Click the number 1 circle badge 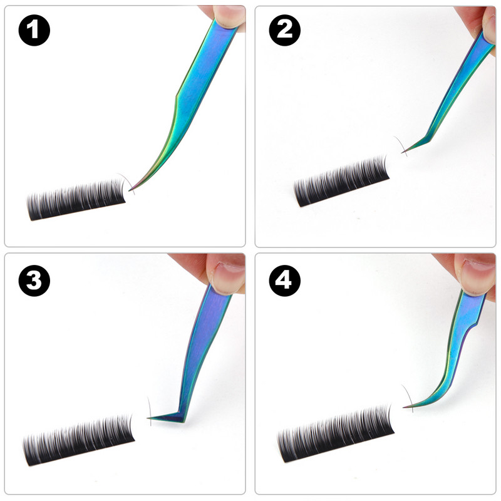[34, 30]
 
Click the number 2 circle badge [285, 30]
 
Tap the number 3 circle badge [34, 281]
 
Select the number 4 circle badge [285, 281]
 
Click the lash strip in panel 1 [76, 200]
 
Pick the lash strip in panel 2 [341, 182]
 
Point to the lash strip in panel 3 [78, 440]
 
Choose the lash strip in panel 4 [336, 434]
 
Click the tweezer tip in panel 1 [130, 190]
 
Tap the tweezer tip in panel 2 [403, 152]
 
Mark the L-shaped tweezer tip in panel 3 [148, 418]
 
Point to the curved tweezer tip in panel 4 [404, 407]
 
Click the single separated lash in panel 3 [150, 411]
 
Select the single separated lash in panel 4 [408, 398]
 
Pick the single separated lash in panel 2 [401, 145]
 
